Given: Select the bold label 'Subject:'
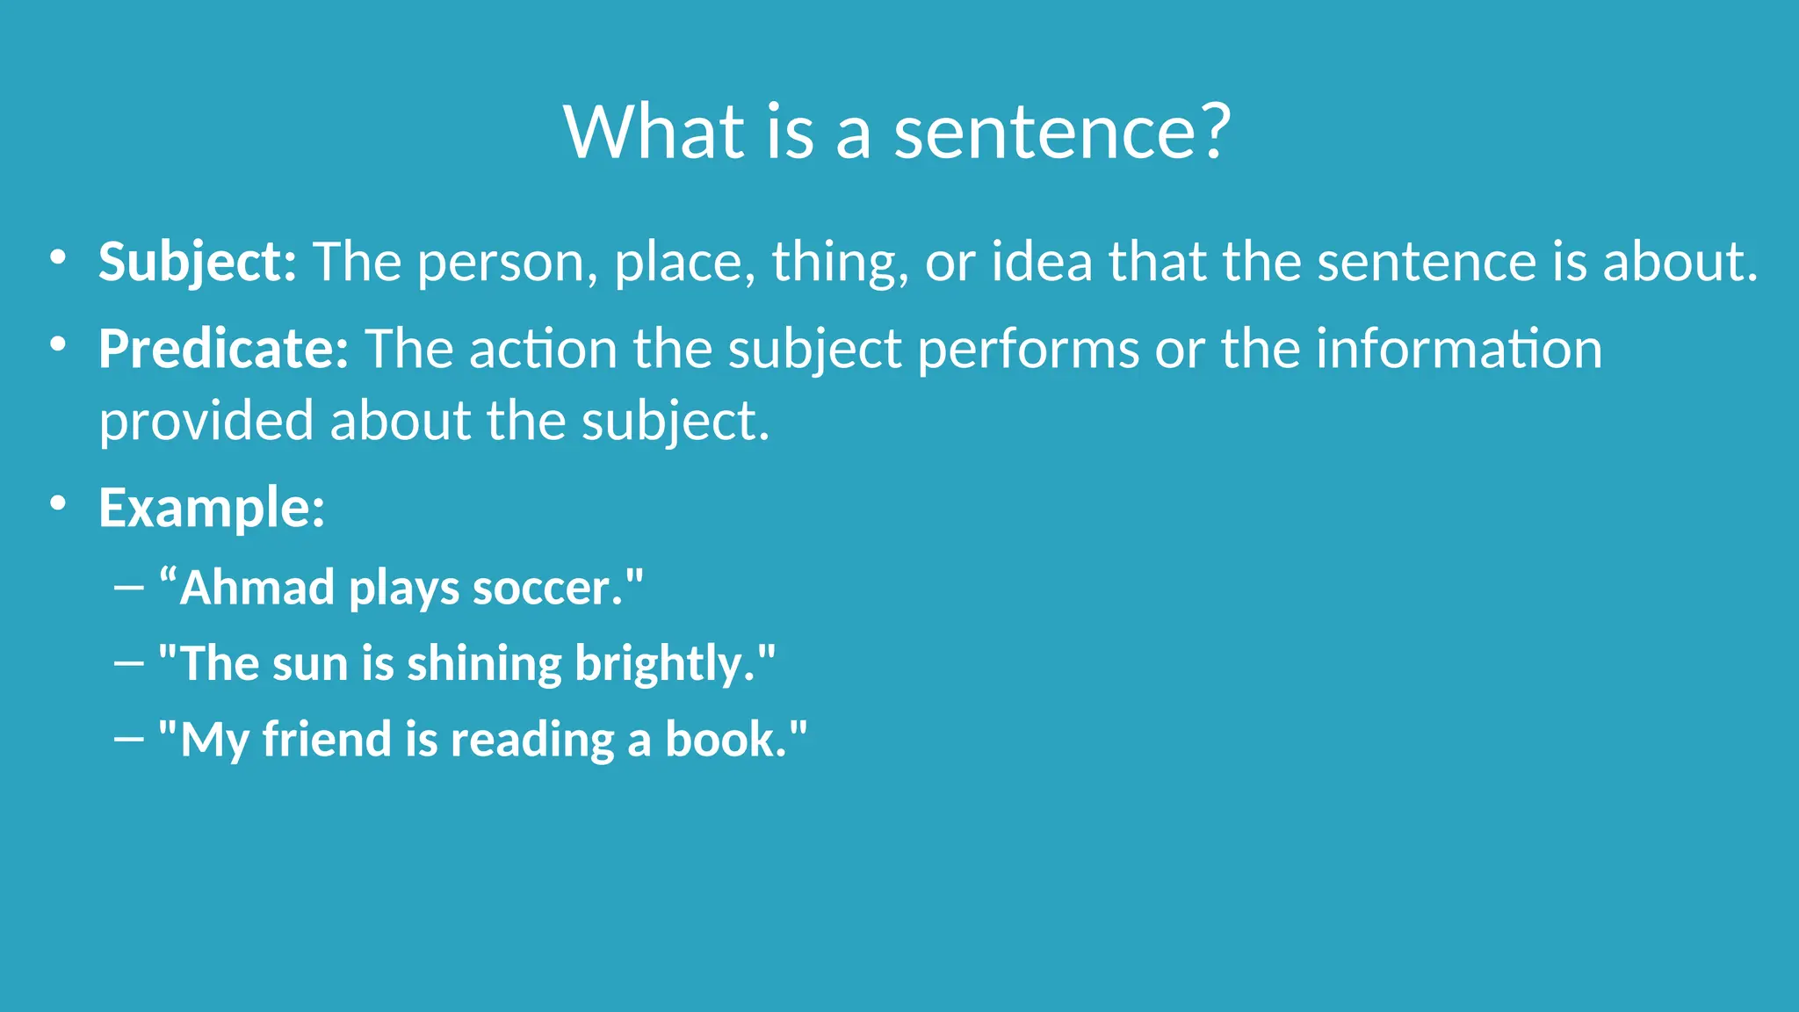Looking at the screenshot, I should pos(198,262).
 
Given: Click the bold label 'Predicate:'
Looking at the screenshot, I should pos(224,349).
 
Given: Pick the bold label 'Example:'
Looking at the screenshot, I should pos(212,508).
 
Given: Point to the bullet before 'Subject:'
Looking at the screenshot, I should pos(58,257).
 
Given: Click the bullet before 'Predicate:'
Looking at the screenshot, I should pos(58,344).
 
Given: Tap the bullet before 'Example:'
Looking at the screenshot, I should pos(58,503).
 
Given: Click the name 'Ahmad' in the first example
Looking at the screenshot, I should pos(256,587).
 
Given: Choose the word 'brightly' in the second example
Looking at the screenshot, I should pos(664,664).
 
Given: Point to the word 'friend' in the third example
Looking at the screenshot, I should pos(326,739).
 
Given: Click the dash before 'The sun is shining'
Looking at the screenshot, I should pos(129,663).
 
